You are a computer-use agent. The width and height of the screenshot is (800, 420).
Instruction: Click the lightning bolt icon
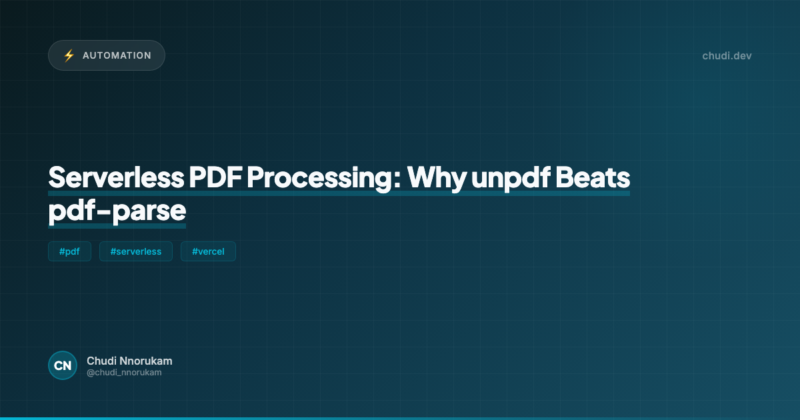(69, 55)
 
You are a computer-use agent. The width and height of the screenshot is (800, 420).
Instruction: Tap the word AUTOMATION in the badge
(117, 55)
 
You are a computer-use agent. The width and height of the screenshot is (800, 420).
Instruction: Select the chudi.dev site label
(727, 55)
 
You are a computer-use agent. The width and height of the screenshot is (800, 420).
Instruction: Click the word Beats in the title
(594, 178)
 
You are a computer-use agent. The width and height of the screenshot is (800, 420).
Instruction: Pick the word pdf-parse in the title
(117, 210)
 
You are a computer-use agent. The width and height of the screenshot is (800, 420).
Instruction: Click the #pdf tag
(69, 251)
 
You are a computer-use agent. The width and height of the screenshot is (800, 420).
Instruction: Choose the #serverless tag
(136, 251)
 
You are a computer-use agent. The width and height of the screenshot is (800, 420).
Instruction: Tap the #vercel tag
(208, 251)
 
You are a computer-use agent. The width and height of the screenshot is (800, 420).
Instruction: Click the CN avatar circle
(63, 365)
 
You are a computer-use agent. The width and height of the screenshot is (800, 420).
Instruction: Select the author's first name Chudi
(100, 361)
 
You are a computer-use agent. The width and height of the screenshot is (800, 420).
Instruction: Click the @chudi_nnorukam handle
(124, 373)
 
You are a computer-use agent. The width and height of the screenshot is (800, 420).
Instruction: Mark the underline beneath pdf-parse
(117, 225)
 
